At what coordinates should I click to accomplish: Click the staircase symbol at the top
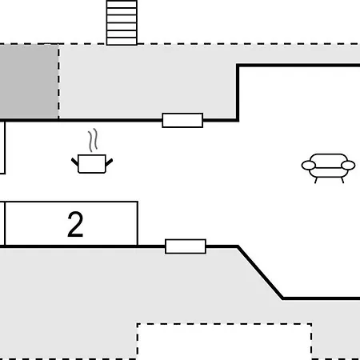122,22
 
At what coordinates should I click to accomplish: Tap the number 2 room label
75,224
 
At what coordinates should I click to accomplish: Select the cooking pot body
92,164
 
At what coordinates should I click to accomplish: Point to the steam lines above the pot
93,140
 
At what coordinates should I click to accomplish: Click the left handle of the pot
74,162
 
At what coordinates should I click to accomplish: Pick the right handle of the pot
110,162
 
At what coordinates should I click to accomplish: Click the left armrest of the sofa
309,166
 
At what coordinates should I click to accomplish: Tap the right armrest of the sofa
348,166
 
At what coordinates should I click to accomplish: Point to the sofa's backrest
329,158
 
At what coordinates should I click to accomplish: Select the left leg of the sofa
316,180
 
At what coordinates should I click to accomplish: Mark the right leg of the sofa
342,180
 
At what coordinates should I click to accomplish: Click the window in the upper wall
182,121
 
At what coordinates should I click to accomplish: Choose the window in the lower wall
186,246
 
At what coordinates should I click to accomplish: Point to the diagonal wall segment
260,272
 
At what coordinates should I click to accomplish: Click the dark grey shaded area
29,82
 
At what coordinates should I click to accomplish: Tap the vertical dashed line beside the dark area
58,82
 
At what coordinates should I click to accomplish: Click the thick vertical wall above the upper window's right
238,93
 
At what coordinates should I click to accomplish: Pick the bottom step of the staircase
122,42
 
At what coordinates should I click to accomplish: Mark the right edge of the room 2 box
138,223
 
